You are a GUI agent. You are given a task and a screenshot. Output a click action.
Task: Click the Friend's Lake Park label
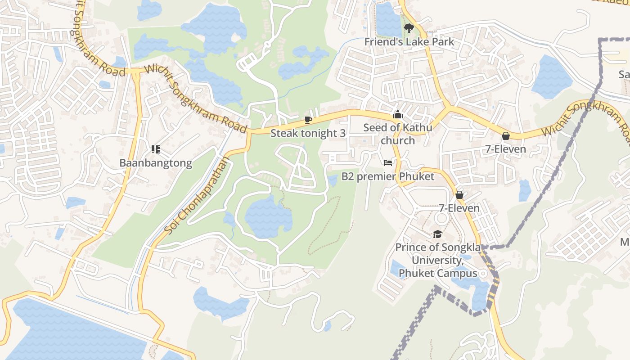pos(409,42)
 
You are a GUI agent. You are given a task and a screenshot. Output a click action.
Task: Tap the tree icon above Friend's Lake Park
pos(409,28)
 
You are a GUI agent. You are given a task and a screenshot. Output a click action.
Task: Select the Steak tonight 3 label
pos(308,133)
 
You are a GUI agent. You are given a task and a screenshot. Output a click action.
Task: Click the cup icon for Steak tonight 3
pos(308,120)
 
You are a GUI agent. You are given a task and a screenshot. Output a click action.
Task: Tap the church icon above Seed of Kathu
pos(397,115)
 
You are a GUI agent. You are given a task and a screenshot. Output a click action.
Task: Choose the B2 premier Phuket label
pos(388,176)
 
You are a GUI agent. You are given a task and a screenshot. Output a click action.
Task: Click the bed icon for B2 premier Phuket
pos(388,162)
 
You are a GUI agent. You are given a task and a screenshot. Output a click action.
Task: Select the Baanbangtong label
pos(156,163)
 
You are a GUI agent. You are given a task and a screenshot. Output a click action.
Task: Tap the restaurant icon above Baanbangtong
pos(156,149)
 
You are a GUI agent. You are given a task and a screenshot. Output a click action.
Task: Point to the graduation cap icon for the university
pos(437,234)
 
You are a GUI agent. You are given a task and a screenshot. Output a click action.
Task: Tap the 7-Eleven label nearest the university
pos(459,208)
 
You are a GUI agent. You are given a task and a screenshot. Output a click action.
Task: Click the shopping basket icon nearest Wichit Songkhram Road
pos(506,136)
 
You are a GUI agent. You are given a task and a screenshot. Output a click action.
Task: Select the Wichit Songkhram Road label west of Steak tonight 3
pos(196,99)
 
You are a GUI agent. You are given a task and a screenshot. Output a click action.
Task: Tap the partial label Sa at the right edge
pos(624,74)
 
